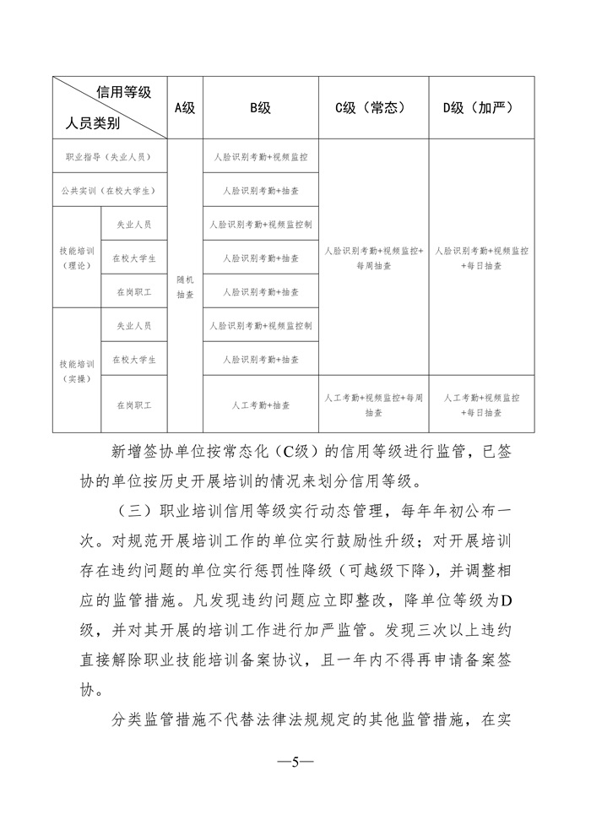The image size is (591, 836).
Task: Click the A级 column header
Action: pyautogui.click(x=185, y=108)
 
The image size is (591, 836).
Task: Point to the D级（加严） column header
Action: pyautogui.click(x=481, y=108)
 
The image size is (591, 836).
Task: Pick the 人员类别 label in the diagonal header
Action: pyautogui.click(x=92, y=124)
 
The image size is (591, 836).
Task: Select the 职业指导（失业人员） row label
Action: pyautogui.click(x=110, y=157)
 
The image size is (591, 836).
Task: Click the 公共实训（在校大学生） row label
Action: pyautogui.click(x=110, y=191)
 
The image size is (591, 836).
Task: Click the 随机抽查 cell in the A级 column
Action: pyautogui.click(x=185, y=286)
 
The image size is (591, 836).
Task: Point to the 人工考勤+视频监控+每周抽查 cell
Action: pyautogui.click(x=373, y=405)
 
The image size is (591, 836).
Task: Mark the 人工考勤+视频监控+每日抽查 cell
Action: pyautogui.click(x=481, y=405)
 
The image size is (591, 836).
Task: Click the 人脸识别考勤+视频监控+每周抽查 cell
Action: pyautogui.click(x=373, y=258)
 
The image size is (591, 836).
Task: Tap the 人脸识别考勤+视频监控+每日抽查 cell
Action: pyautogui.click(x=481, y=258)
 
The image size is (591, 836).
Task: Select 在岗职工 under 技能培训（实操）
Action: pyautogui.click(x=133, y=405)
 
